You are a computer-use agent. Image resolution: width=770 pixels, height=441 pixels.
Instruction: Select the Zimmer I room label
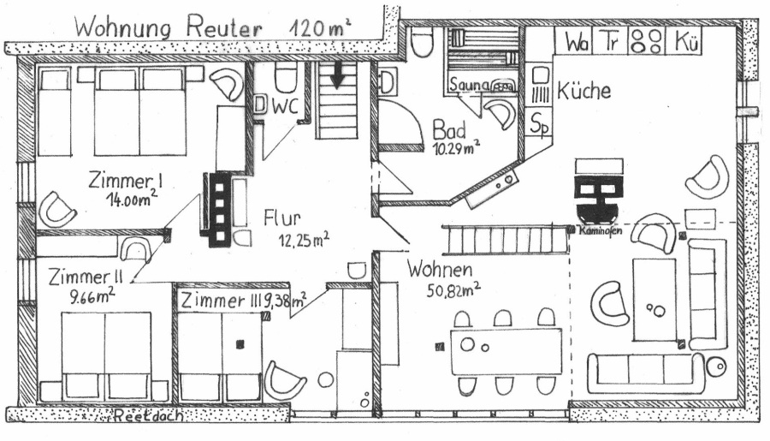[126, 181]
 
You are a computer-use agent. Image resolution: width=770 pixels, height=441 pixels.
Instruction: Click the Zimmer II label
[86, 277]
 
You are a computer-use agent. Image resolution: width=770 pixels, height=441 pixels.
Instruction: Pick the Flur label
[284, 218]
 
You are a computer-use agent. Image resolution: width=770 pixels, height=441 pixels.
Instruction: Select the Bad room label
[449, 130]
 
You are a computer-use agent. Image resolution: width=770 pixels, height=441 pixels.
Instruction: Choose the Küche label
[583, 91]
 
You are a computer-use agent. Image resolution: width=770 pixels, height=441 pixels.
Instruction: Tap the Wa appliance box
[576, 40]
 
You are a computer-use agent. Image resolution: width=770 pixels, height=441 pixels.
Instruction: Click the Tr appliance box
[609, 40]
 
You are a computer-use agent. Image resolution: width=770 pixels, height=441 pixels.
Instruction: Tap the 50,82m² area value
[453, 289]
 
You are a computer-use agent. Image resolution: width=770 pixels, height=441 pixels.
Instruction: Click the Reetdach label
[139, 418]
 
